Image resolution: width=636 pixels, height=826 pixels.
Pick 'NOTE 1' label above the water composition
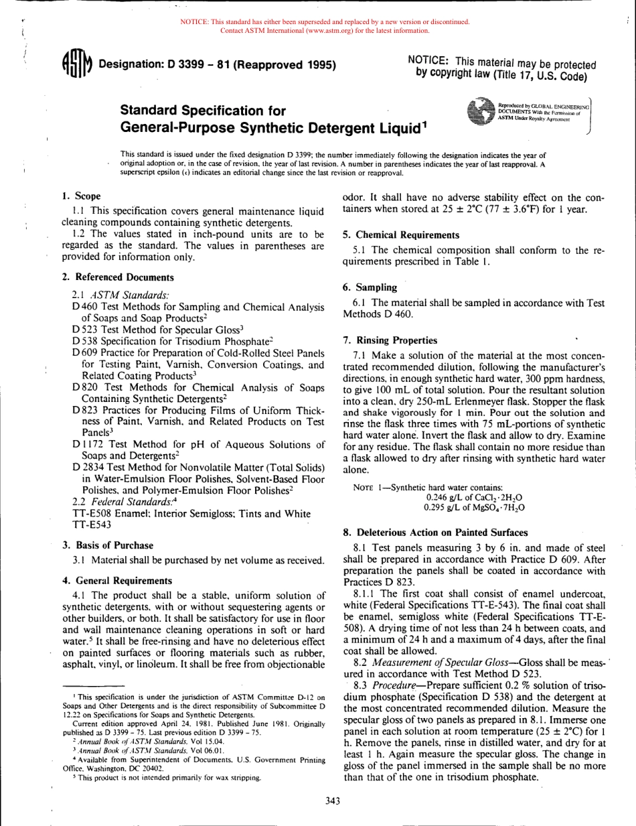(x=370, y=487)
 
